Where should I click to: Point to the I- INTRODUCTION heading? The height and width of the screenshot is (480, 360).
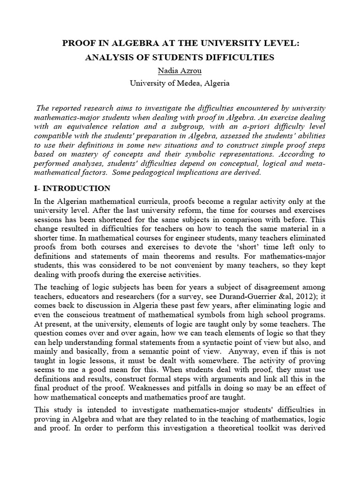73,188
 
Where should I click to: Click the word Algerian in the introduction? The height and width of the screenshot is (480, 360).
72,202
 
